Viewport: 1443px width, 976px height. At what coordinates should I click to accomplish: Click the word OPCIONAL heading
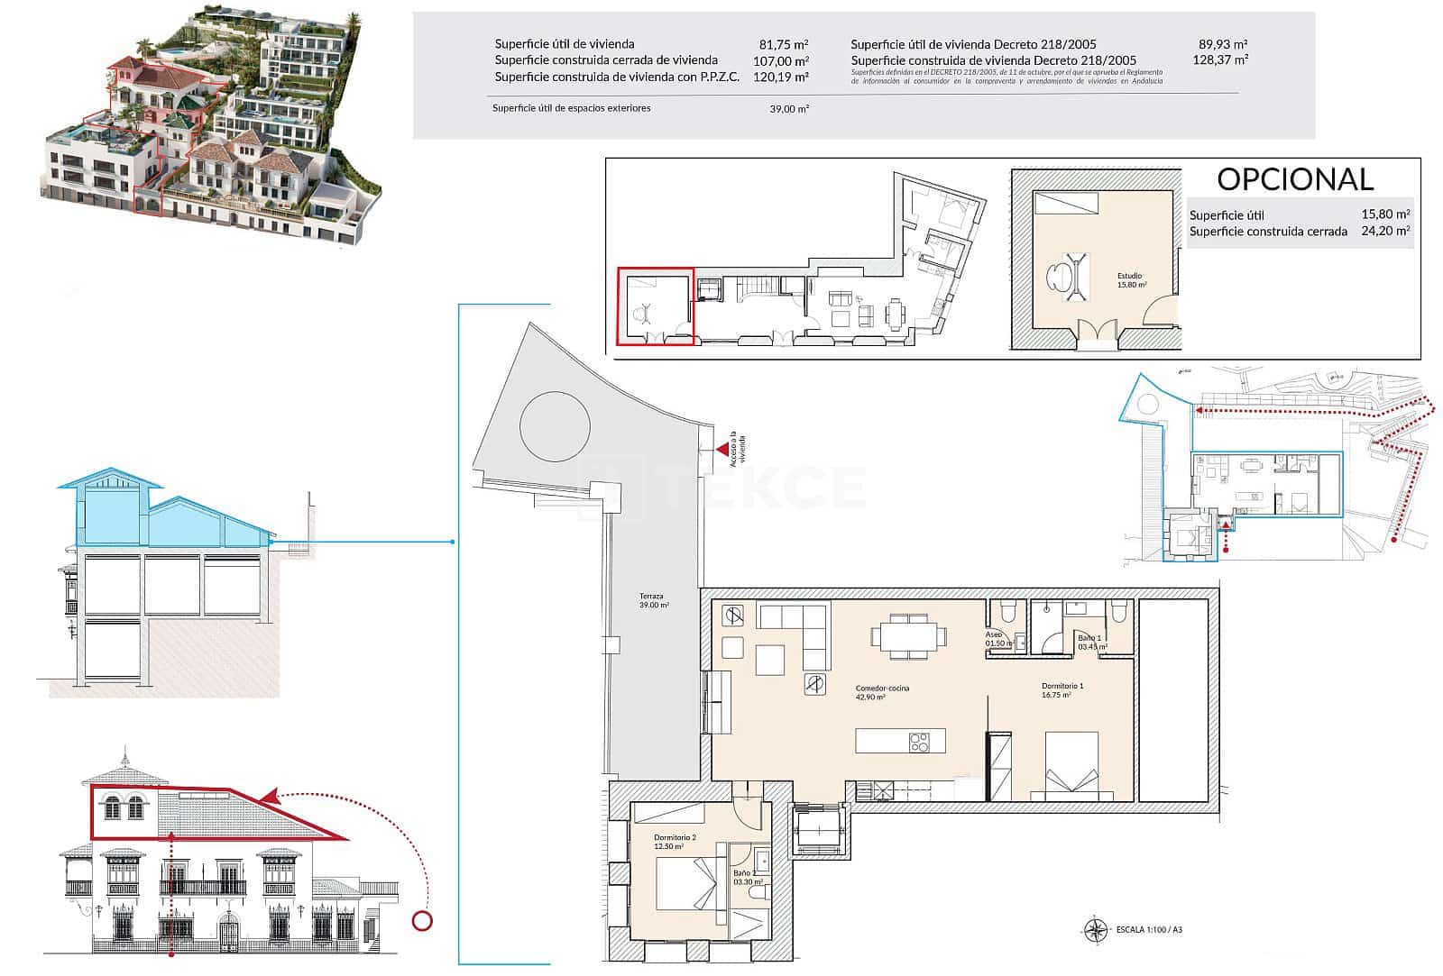1295,179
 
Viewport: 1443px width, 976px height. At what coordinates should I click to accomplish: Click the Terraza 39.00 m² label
653,601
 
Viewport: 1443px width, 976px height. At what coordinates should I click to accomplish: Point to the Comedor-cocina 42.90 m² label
882,692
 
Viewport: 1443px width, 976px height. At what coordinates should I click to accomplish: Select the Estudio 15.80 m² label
1131,280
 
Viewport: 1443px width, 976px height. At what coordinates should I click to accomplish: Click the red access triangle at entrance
722,448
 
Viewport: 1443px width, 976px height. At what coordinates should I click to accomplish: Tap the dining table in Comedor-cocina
910,634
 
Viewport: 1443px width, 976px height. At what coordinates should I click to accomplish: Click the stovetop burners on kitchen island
919,743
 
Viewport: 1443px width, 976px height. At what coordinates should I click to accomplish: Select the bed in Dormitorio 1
1071,766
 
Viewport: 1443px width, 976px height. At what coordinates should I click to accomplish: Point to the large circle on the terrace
555,424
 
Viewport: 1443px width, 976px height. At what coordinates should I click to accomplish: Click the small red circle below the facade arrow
421,921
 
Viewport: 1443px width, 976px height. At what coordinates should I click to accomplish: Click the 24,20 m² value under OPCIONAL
1385,232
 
